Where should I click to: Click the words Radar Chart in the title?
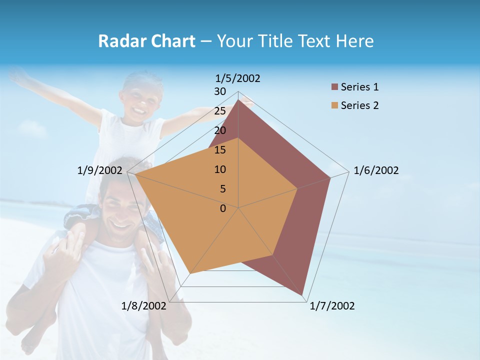(146, 41)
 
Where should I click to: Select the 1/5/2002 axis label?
(238, 78)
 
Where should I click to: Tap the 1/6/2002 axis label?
(376, 170)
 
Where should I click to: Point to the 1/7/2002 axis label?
(332, 306)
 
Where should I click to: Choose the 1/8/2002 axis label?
(144, 306)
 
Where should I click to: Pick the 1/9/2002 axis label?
(100, 170)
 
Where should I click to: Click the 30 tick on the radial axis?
(220, 91)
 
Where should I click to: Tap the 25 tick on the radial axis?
(220, 111)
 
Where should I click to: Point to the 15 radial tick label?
(220, 150)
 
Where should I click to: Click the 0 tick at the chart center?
(223, 208)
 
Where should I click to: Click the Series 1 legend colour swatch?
(334, 87)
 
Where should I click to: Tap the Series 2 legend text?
(359, 105)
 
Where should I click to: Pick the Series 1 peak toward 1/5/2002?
(238, 99)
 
